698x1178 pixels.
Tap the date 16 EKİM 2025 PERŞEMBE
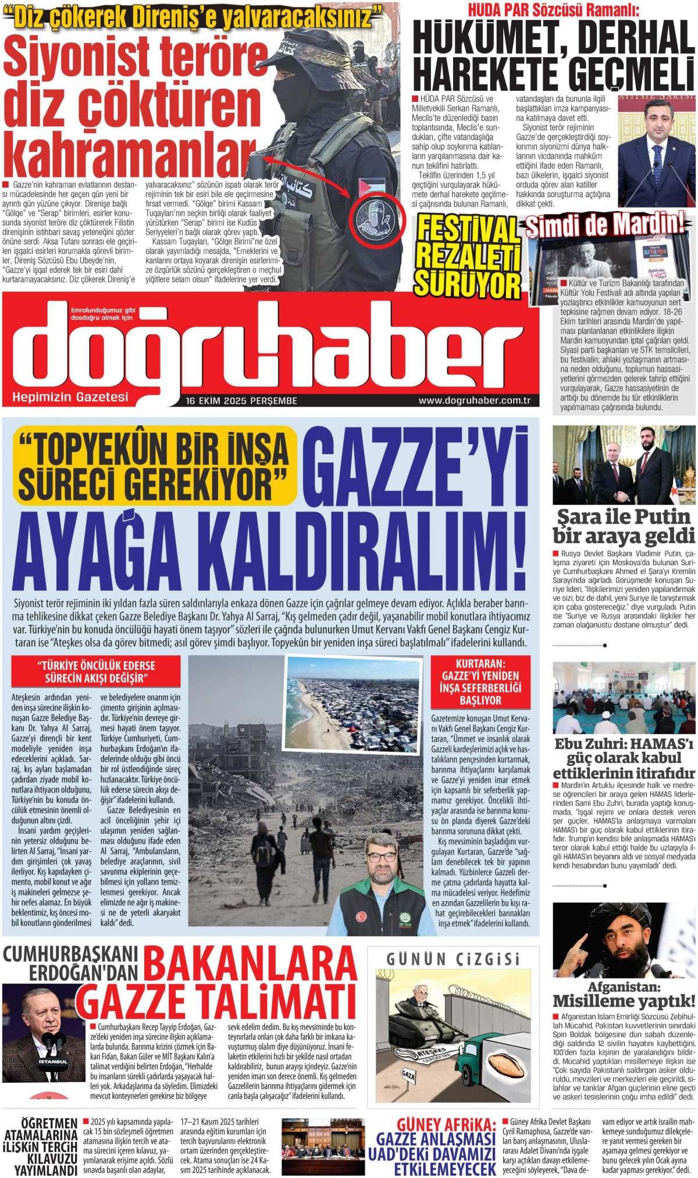[242, 401]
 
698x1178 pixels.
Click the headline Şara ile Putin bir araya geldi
[624, 525]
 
